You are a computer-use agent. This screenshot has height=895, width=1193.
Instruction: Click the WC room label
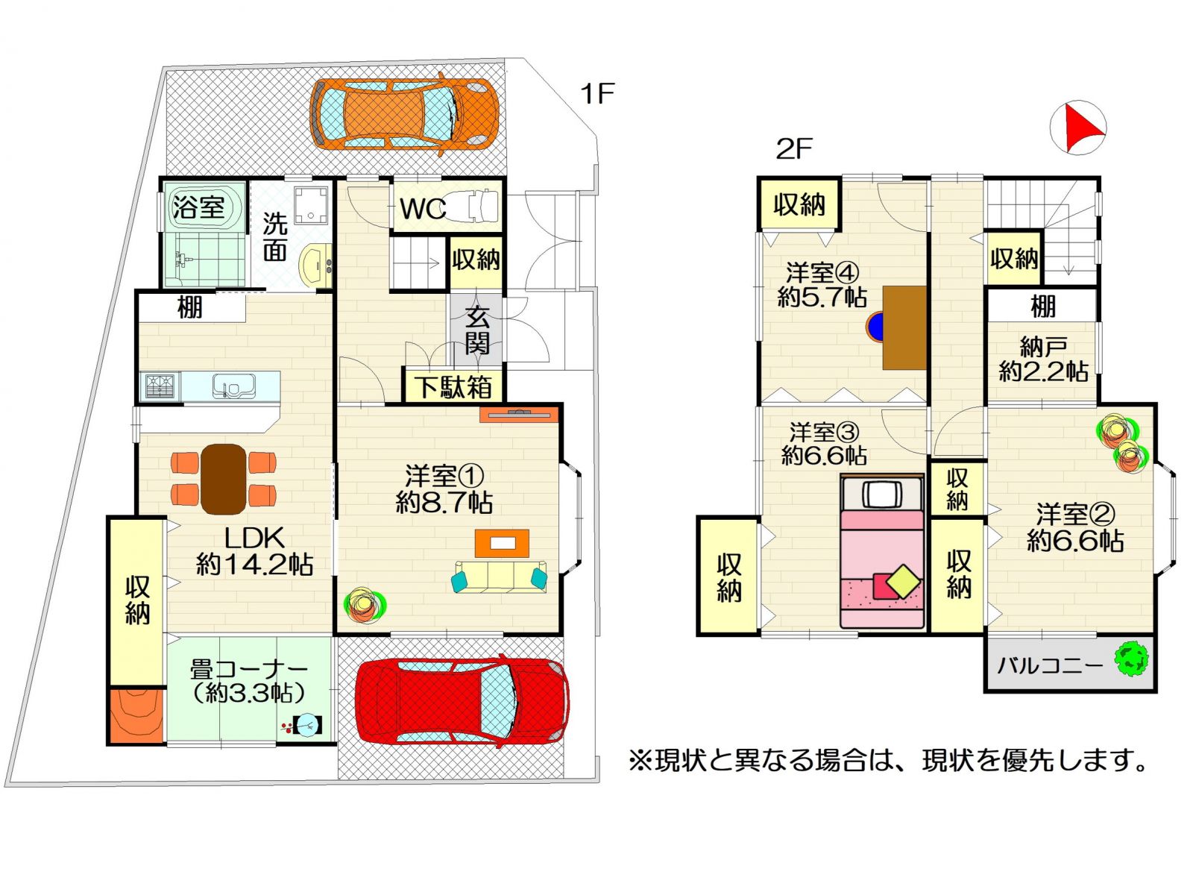[x=423, y=208]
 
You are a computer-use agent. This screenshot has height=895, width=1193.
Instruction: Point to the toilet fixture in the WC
[x=472, y=205]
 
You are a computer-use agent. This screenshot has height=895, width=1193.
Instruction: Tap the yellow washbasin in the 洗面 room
[x=315, y=265]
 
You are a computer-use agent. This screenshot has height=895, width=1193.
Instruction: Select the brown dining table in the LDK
[x=224, y=479]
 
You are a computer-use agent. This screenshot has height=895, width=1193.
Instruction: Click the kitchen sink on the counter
[x=233, y=386]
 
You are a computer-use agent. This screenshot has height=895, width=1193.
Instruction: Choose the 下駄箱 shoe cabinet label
[x=453, y=386]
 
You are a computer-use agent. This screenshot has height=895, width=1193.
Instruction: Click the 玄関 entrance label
[x=476, y=330]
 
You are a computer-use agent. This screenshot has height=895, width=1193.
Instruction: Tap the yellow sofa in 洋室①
[x=500, y=576]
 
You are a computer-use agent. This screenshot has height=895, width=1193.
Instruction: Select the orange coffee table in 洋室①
[x=502, y=543]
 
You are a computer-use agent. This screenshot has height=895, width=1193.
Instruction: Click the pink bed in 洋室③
[x=881, y=552]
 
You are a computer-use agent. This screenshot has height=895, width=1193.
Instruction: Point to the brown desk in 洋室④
[x=904, y=327]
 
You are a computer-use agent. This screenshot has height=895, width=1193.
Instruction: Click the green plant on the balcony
[x=1132, y=659]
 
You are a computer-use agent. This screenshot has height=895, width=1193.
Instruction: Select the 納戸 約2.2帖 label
[x=1043, y=359]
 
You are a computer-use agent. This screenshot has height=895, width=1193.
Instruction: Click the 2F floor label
[x=794, y=149]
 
